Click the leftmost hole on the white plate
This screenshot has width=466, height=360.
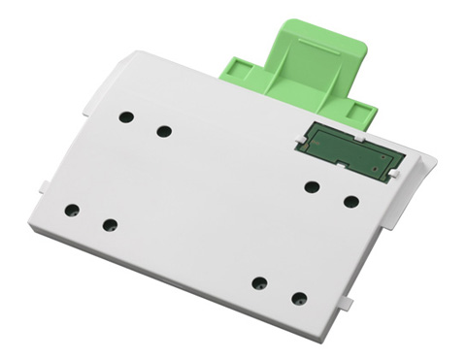[x=72, y=210]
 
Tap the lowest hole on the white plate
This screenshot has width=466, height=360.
[x=299, y=298]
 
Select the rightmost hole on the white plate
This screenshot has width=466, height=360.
[x=351, y=202]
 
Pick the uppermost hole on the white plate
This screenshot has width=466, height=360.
[x=126, y=116]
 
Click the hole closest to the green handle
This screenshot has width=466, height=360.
[x=164, y=131]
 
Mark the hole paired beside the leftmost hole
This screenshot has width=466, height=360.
[x=110, y=225]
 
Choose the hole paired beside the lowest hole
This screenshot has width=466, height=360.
[x=259, y=283]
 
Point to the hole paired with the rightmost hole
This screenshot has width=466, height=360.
[x=312, y=186]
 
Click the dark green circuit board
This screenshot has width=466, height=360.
[x=350, y=150]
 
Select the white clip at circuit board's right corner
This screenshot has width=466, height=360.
[x=399, y=172]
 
